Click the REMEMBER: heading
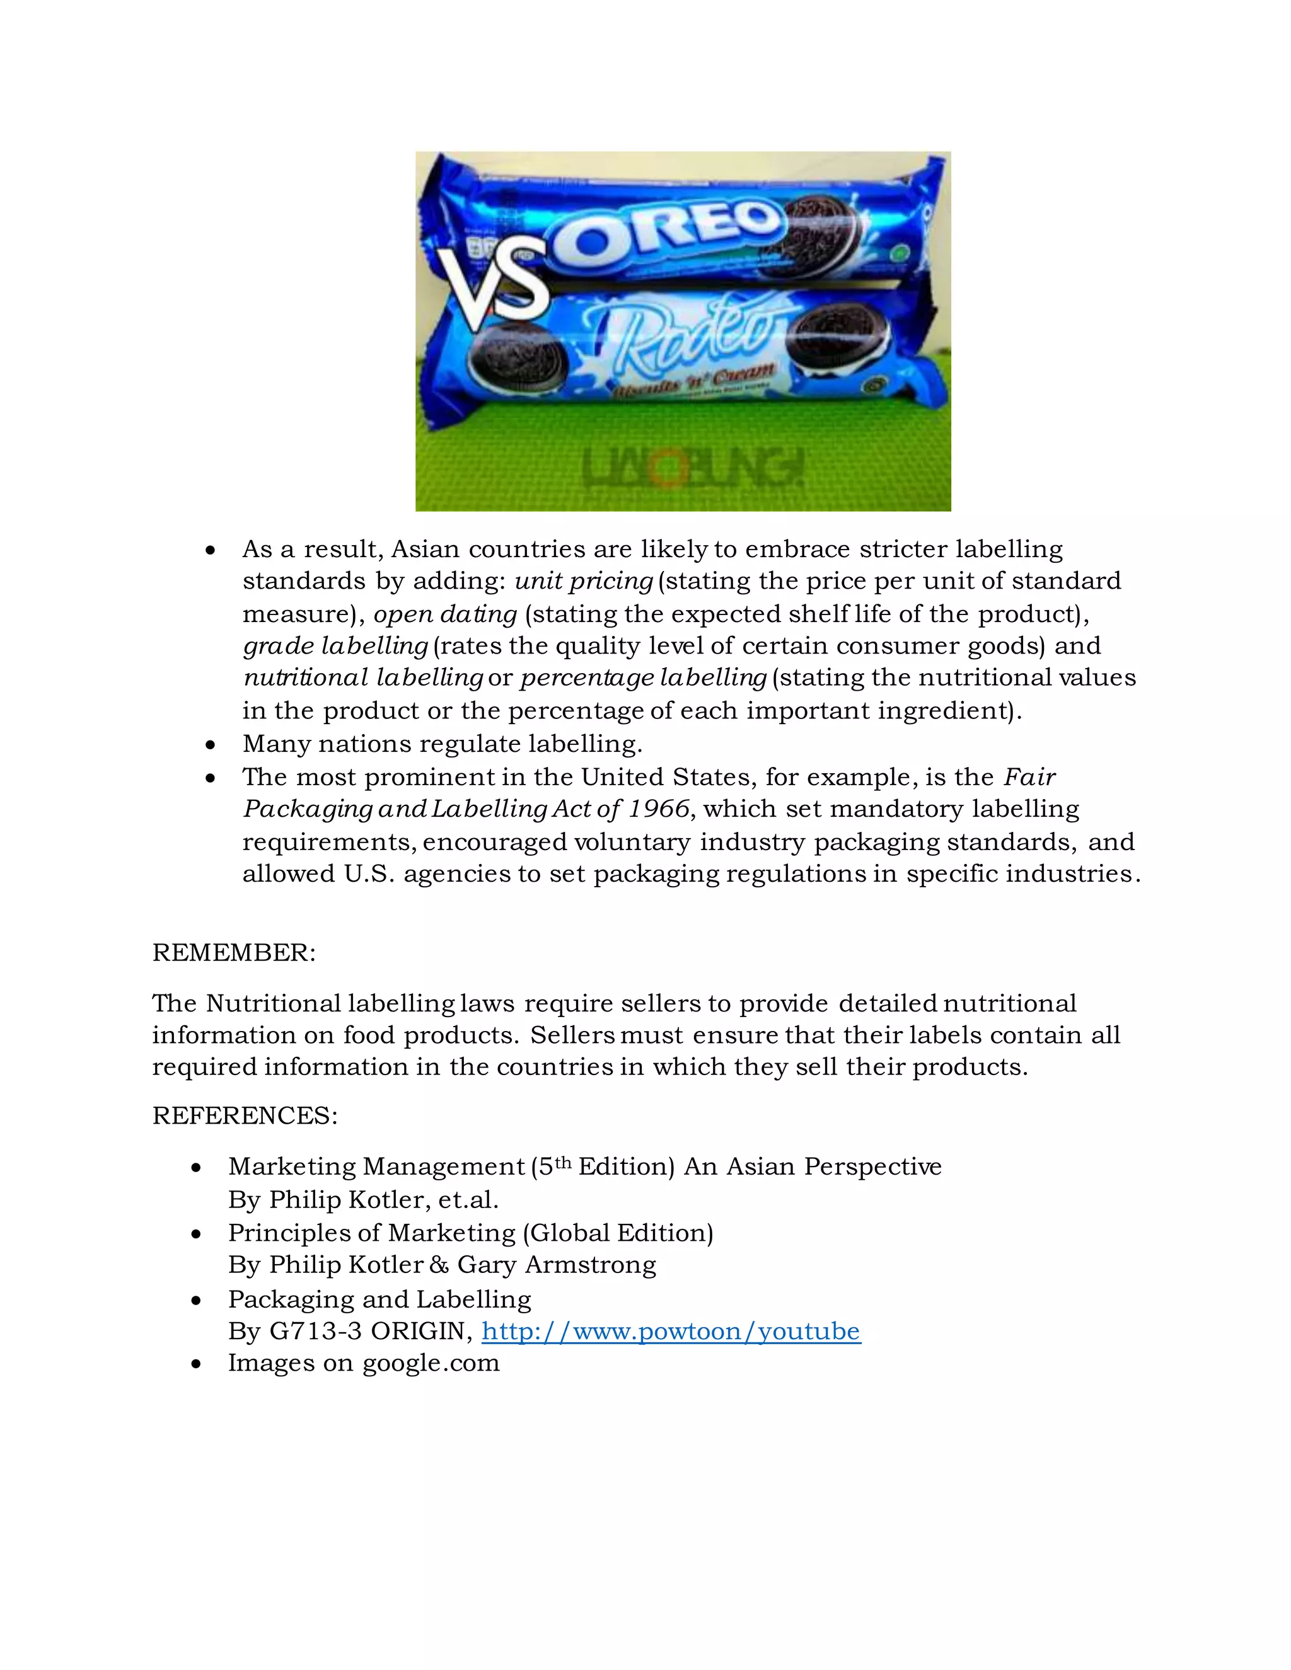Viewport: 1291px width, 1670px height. (x=234, y=953)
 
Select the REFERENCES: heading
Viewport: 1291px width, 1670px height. (x=245, y=1115)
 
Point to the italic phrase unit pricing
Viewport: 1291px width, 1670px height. (x=584, y=581)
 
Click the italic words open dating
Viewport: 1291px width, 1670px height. (x=445, y=614)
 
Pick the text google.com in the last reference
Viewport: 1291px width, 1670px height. (x=431, y=1362)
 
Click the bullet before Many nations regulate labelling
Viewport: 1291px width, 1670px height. (x=211, y=745)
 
